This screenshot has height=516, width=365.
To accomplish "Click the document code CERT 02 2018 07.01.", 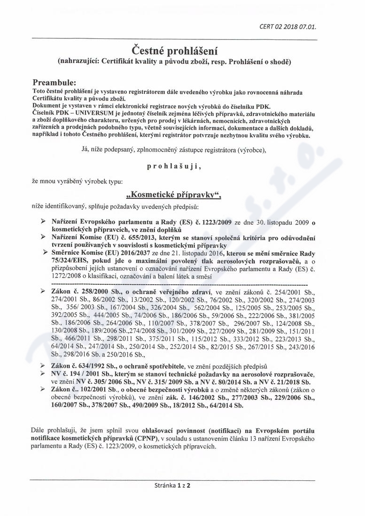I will [287, 27].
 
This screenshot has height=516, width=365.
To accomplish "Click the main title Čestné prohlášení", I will [182, 49].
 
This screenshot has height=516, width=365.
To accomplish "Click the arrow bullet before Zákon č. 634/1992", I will [44, 365].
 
